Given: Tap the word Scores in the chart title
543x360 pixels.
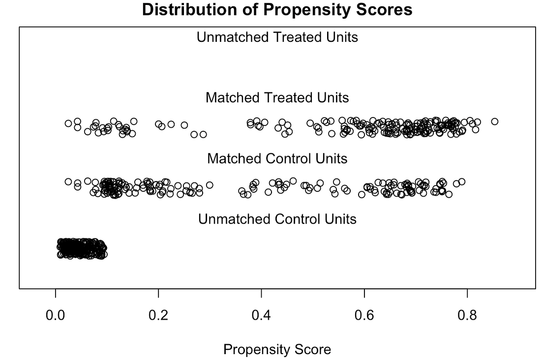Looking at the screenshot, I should click(x=386, y=9).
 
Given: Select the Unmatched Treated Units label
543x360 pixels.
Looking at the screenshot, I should click(x=277, y=37).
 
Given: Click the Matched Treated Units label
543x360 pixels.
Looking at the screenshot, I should click(x=277, y=98).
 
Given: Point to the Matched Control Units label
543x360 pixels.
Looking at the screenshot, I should click(x=277, y=159).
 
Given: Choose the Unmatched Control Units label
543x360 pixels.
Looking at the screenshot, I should click(x=277, y=219).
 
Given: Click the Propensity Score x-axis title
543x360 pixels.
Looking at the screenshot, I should click(x=277, y=350).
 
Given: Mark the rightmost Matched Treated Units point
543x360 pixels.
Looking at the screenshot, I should click(x=495, y=121).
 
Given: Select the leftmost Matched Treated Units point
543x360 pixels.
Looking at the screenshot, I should click(x=68, y=123).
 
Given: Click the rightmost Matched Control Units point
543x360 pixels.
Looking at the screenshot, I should click(x=462, y=182).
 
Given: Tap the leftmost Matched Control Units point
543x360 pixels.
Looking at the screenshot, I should click(x=68, y=182).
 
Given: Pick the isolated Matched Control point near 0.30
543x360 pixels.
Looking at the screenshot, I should click(x=210, y=185).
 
